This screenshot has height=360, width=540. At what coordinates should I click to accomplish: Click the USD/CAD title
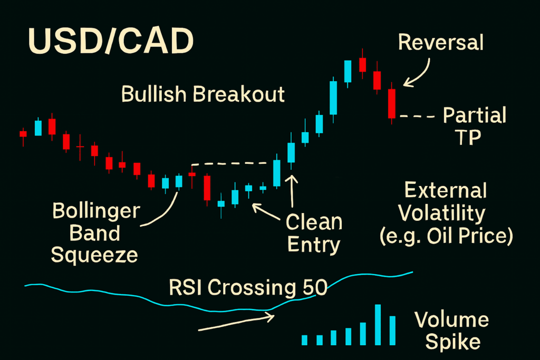pyautogui.click(x=111, y=41)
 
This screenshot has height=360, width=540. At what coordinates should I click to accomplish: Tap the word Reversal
pyautogui.click(x=441, y=43)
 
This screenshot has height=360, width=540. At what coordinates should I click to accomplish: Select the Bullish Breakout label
pyautogui.click(x=203, y=94)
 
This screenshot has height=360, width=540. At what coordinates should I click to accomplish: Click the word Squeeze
pyautogui.click(x=94, y=255)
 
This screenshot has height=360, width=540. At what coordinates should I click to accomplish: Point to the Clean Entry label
pyautogui.click(x=314, y=233)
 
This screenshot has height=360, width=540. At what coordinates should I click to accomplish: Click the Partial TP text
pyautogui.click(x=474, y=125)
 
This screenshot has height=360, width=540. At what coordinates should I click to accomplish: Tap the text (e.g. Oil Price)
pyautogui.click(x=446, y=236)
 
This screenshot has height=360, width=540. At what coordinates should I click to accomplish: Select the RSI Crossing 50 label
pyautogui.click(x=248, y=287)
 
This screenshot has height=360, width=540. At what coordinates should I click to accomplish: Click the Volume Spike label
pyautogui.click(x=452, y=330)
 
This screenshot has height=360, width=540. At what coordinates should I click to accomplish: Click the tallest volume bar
pyautogui.click(x=378, y=325)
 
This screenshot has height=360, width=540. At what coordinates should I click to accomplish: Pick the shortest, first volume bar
pyautogui.click(x=304, y=340)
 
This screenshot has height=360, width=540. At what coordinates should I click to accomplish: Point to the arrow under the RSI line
pyautogui.click(x=236, y=322)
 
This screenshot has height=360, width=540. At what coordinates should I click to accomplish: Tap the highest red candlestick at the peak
pyautogui.click(x=362, y=65)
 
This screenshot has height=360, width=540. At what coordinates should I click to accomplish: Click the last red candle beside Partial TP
pyautogui.click(x=392, y=104)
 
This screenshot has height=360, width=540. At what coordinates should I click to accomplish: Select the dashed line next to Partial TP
pyautogui.click(x=418, y=116)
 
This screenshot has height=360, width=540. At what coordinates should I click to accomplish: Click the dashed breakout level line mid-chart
pyautogui.click(x=230, y=163)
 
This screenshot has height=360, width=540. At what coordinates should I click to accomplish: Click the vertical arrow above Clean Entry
pyautogui.click(x=292, y=191)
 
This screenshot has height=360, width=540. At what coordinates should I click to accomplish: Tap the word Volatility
pyautogui.click(x=442, y=213)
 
